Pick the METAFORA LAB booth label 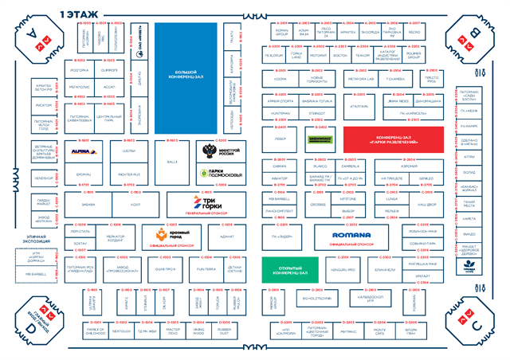pos(359,80)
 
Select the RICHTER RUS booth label pos(129,173)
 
